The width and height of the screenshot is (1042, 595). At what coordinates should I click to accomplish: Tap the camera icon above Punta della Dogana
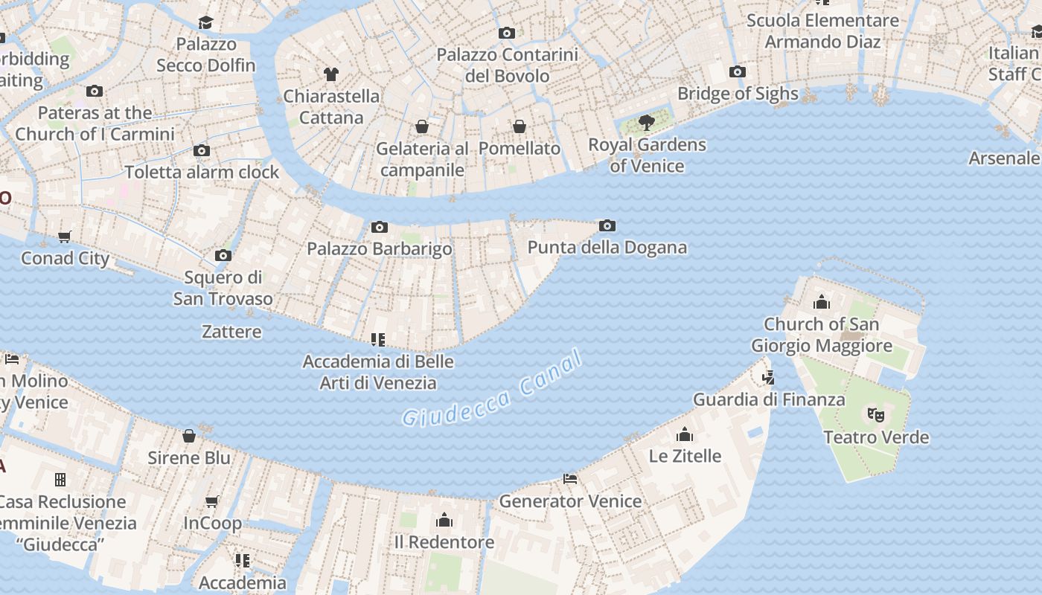(x=607, y=225)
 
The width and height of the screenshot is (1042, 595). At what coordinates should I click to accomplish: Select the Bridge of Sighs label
(x=737, y=94)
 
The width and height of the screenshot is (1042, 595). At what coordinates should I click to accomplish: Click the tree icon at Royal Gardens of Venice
(x=646, y=122)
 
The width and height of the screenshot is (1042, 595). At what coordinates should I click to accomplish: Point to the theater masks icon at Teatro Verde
(x=875, y=414)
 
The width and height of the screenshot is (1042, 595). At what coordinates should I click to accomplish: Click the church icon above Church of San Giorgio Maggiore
(x=822, y=302)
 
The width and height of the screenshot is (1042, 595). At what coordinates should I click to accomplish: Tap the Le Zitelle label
(x=685, y=455)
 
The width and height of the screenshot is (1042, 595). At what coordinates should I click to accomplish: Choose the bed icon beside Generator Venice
(x=570, y=479)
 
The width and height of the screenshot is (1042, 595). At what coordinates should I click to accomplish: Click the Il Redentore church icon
(x=444, y=519)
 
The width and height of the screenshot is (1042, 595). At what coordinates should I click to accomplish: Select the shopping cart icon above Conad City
(x=65, y=237)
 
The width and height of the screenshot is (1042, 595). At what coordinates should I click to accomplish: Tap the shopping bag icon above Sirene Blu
(x=189, y=436)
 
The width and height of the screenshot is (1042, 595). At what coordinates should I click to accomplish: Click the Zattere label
(x=231, y=332)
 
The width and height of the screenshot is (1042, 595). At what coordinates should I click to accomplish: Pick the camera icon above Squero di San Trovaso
(x=223, y=256)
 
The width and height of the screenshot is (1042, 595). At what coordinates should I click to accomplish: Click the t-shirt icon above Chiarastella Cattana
(x=331, y=74)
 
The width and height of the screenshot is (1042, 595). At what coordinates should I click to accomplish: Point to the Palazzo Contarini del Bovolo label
(x=507, y=65)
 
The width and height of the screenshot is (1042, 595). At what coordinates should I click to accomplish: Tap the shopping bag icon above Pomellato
(x=520, y=126)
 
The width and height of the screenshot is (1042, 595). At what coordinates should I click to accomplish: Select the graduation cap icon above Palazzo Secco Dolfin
(x=205, y=23)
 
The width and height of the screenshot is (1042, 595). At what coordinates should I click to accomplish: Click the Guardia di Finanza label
(x=769, y=399)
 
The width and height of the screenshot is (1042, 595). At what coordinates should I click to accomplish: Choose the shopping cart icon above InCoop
(x=212, y=501)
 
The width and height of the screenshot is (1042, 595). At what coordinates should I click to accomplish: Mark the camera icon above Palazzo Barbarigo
(x=379, y=227)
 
